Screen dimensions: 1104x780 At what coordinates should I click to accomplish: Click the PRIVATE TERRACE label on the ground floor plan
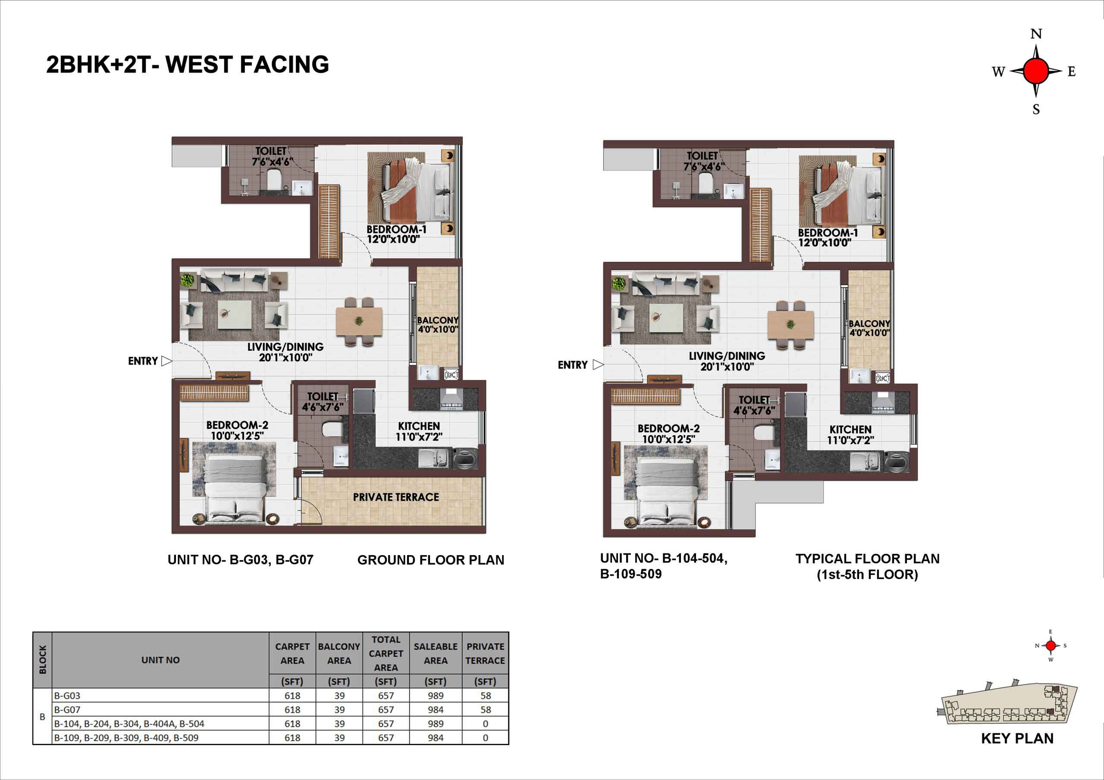point(396,497)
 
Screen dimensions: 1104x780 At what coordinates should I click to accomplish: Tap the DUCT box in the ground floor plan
point(451,374)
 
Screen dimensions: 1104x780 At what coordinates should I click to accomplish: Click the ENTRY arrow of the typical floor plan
point(598,365)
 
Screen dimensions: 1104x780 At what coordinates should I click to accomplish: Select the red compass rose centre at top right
point(1036,71)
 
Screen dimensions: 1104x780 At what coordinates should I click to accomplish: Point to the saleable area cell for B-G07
point(436,709)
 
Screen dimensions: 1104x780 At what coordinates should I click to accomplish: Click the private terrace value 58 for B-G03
point(486,696)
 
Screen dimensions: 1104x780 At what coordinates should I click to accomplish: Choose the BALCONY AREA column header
point(339,654)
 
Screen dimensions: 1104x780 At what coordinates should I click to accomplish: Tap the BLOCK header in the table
point(42,660)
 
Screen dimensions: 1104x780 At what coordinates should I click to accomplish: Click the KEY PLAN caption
point(1017,738)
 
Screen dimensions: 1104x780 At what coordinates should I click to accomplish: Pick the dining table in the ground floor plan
point(359,321)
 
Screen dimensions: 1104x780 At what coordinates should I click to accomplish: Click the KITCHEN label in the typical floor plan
point(850,430)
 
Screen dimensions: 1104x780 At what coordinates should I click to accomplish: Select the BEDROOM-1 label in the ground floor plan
point(396,229)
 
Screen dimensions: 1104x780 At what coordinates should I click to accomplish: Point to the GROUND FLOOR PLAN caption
point(431,560)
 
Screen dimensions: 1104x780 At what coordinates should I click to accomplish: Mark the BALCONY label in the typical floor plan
point(869,324)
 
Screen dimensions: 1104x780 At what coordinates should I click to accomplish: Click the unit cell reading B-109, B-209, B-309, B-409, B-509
point(126,738)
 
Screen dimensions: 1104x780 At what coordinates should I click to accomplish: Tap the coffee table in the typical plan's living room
point(665,318)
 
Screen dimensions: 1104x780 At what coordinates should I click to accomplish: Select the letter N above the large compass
point(1036,34)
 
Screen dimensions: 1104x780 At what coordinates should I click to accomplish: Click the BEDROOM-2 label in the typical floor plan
point(668,428)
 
